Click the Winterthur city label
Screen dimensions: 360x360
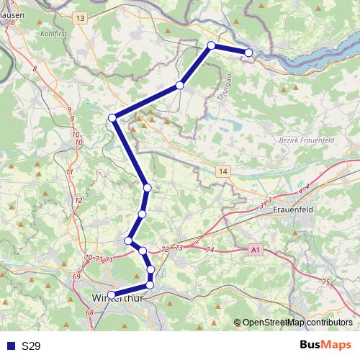118,297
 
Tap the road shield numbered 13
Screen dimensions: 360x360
79,17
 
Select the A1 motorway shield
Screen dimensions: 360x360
254,249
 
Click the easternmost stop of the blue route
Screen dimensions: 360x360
248,53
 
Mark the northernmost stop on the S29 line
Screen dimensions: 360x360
212,45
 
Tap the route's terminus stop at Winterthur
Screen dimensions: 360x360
112,294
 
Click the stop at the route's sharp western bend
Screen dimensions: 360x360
112,118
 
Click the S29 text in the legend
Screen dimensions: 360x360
31,346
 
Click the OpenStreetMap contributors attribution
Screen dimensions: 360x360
297,323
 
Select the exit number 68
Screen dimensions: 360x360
90,312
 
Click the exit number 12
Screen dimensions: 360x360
78,199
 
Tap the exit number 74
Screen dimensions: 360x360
210,250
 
